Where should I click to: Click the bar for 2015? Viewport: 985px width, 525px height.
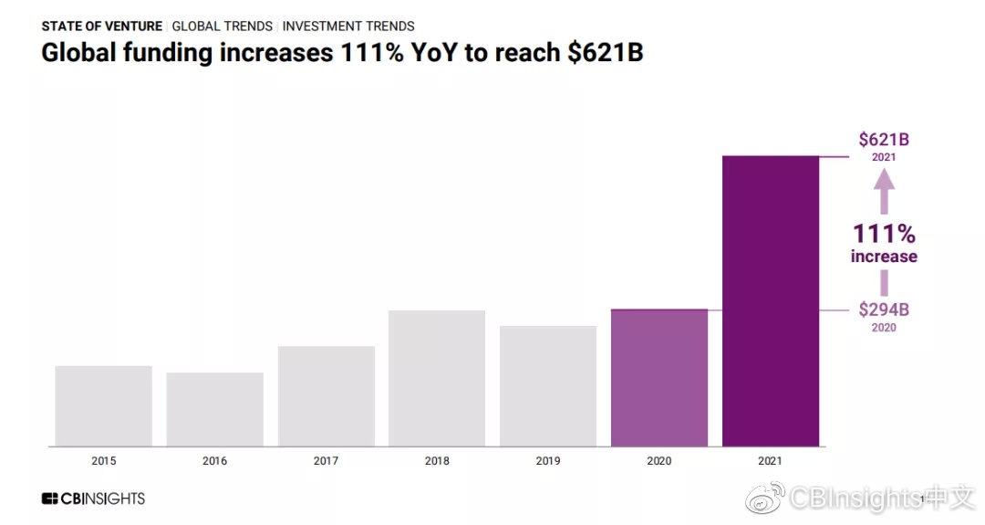103,406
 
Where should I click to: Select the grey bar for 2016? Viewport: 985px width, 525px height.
214,410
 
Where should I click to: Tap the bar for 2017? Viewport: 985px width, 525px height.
326,396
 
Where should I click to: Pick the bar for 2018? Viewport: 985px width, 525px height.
437,379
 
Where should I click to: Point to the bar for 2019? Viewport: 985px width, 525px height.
548,386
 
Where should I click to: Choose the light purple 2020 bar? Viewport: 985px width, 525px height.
659,378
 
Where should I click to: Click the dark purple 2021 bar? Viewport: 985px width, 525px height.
771,301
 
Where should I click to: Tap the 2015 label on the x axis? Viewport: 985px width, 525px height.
103,461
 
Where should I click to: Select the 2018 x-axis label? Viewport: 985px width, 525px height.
437,461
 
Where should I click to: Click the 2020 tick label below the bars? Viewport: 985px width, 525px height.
659,461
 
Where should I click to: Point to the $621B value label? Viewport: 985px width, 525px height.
884,140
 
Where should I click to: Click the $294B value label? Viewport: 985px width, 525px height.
884,310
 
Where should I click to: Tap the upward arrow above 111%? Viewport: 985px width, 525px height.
884,193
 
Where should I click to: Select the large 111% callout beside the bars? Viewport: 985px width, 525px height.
884,234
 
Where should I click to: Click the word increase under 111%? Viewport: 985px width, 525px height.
884,257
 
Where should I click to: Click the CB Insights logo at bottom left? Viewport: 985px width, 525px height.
93,499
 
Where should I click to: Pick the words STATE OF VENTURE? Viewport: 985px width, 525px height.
102,26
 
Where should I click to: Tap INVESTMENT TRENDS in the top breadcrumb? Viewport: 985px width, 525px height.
348,26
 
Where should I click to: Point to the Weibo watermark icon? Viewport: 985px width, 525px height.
764,499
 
